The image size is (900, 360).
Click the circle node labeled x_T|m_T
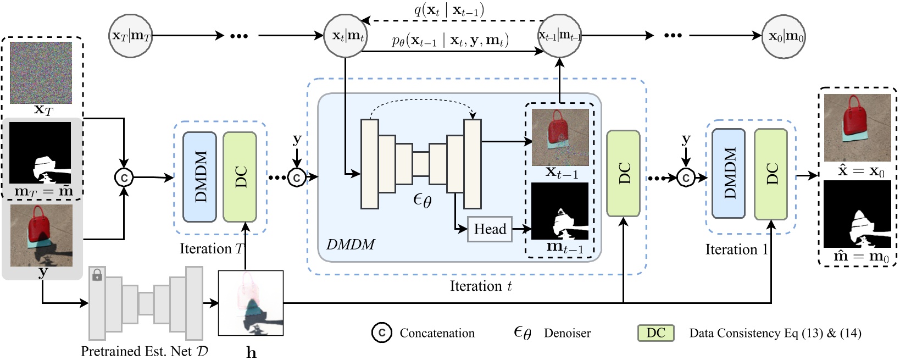click(131, 36)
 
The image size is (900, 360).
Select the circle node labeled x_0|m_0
click(784, 36)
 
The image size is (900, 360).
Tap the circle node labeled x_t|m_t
click(346, 36)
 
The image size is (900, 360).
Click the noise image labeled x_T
click(41, 73)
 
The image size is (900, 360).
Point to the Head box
click(490, 229)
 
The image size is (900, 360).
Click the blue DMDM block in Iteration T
click(199, 176)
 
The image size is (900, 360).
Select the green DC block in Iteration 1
click(770, 174)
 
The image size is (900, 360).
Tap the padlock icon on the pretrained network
click(97, 275)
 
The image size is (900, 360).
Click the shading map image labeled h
click(251, 303)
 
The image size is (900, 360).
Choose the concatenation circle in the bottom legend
click(381, 333)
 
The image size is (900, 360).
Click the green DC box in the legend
click(655, 333)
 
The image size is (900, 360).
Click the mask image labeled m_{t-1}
click(559, 211)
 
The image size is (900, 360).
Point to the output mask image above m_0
click(857, 214)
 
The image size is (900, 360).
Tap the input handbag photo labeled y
click(41, 235)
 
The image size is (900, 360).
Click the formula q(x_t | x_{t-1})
click(448, 10)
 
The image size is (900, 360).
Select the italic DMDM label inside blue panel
click(351, 245)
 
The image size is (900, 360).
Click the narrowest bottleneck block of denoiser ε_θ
click(420, 164)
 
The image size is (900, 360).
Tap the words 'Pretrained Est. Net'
click(136, 351)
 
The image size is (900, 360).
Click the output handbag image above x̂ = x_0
click(857, 127)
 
